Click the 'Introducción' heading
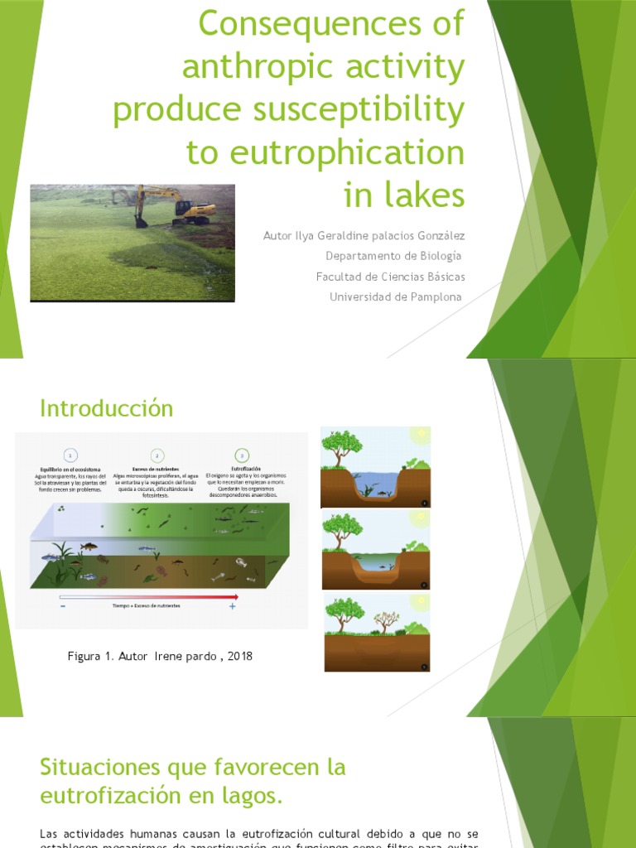tap(107, 408)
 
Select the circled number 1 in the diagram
tap(71, 455)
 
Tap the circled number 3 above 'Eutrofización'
tap(242, 455)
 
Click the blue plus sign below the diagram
tap(233, 607)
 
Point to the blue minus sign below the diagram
tap(63, 607)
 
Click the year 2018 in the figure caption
tap(238, 657)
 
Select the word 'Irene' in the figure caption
tap(183, 657)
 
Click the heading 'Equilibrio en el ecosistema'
tap(71, 469)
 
